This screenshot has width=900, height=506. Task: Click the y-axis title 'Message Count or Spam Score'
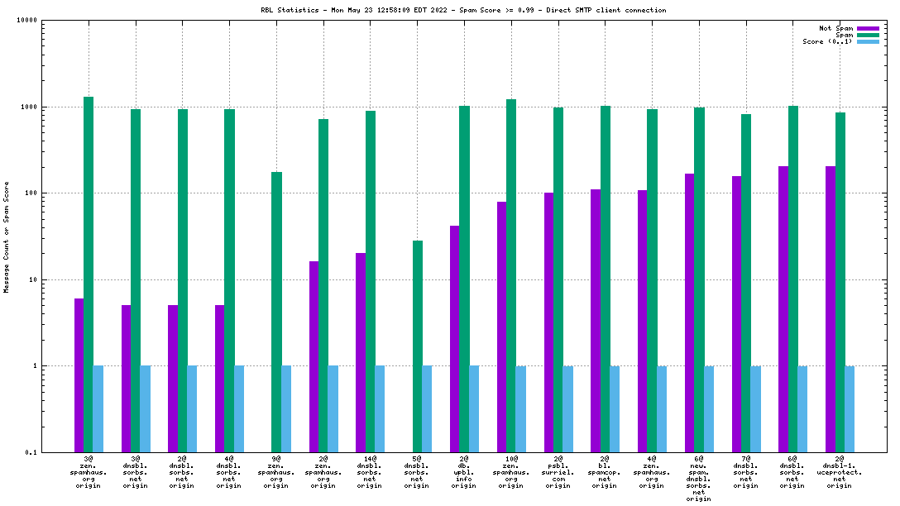point(7,236)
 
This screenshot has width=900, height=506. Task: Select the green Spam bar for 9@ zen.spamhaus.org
point(276,312)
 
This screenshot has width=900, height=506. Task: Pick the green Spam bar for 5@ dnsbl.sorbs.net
point(418,346)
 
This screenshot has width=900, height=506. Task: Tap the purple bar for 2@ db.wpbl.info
point(455,339)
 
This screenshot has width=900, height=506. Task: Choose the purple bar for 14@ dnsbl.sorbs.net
point(361,352)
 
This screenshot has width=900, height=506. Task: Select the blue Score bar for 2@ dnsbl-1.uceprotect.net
point(850,408)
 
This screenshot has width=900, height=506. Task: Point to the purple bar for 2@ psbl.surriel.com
point(548,322)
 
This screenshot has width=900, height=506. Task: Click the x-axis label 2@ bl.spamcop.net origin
point(605,471)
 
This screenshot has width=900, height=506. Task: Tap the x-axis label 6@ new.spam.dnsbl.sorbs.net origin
point(699,478)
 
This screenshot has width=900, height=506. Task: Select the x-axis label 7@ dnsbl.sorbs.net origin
point(745,471)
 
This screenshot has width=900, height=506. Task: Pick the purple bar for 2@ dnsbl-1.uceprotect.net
point(831,309)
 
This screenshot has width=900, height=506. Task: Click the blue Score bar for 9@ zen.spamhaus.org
point(286,408)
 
